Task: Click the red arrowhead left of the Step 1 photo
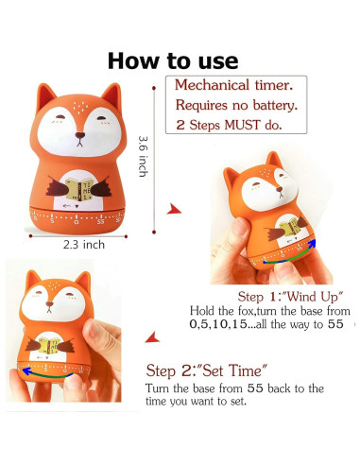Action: click(173, 208)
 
